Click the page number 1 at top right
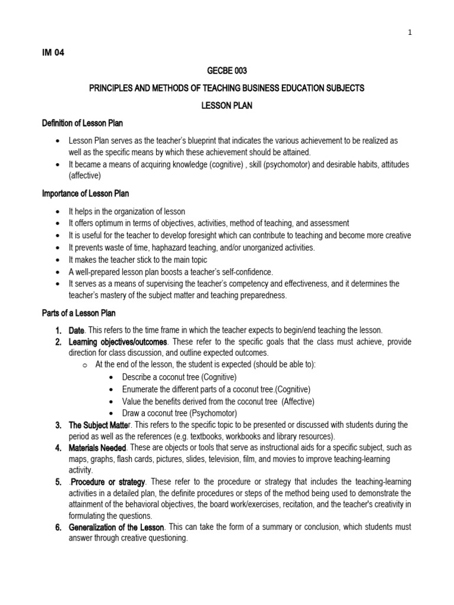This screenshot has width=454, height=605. [x=409, y=32]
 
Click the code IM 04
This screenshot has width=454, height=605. [x=53, y=52]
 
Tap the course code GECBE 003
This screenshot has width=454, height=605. [x=226, y=70]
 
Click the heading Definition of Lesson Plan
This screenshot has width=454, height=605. [x=82, y=122]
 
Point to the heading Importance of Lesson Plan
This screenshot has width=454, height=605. [x=85, y=193]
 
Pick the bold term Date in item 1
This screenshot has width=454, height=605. [x=77, y=330]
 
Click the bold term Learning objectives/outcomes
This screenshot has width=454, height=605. [x=118, y=342]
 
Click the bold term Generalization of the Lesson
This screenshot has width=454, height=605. [x=115, y=526]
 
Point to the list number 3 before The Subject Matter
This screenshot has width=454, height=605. [x=59, y=425]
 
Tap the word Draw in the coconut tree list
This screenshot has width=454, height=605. [x=131, y=413]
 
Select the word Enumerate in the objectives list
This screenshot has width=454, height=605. [x=141, y=389]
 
